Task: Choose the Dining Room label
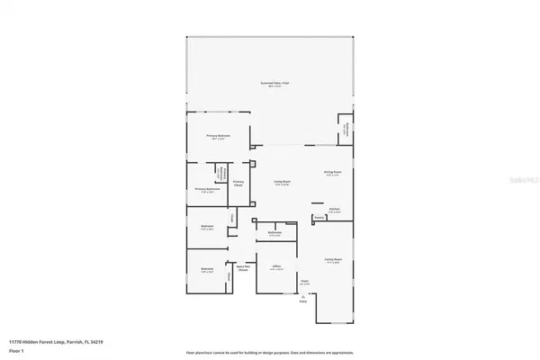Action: (x=334, y=173)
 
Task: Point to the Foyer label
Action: (x=304, y=283)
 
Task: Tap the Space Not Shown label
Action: (x=242, y=267)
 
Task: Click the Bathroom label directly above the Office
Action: (x=275, y=234)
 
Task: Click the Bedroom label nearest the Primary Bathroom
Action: (x=206, y=227)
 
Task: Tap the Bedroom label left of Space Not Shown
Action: (x=206, y=269)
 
